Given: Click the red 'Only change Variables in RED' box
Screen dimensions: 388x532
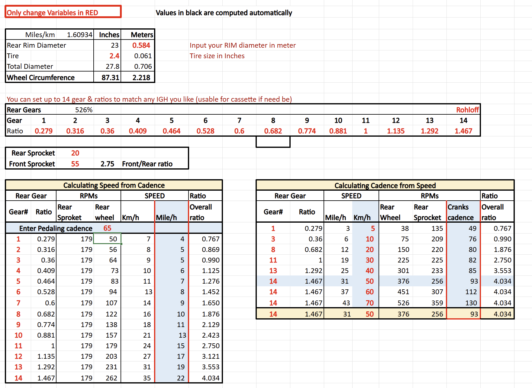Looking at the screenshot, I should (63, 12).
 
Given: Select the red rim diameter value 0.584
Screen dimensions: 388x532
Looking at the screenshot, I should (141, 45).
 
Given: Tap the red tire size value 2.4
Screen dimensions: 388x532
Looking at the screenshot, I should (114, 56).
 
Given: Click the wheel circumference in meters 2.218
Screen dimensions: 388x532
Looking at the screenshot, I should (141, 78).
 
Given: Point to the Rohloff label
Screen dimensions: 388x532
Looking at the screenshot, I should (467, 110).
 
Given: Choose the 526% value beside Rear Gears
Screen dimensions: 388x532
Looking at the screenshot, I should (84, 110).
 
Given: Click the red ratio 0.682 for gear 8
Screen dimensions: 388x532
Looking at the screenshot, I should (273, 131).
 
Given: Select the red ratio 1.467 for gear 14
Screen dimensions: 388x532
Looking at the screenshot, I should (463, 131).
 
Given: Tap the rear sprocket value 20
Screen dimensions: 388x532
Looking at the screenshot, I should (75, 153).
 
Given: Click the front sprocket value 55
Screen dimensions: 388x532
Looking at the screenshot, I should (75, 164).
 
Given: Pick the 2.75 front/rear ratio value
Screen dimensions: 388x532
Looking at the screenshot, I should (107, 164).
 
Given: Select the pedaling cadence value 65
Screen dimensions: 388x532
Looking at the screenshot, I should (107, 228).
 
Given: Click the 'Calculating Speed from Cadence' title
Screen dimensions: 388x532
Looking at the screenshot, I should (114, 185).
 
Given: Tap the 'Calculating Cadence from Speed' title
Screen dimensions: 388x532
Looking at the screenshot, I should (385, 185).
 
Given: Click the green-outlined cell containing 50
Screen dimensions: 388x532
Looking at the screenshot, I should (108, 239).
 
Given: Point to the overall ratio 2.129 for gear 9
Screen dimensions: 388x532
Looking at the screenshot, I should (211, 325).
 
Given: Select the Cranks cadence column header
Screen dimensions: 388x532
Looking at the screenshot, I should (460, 212).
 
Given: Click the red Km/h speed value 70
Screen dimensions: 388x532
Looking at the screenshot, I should (369, 303).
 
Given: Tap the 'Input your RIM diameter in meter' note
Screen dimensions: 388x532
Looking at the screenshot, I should (243, 45).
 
